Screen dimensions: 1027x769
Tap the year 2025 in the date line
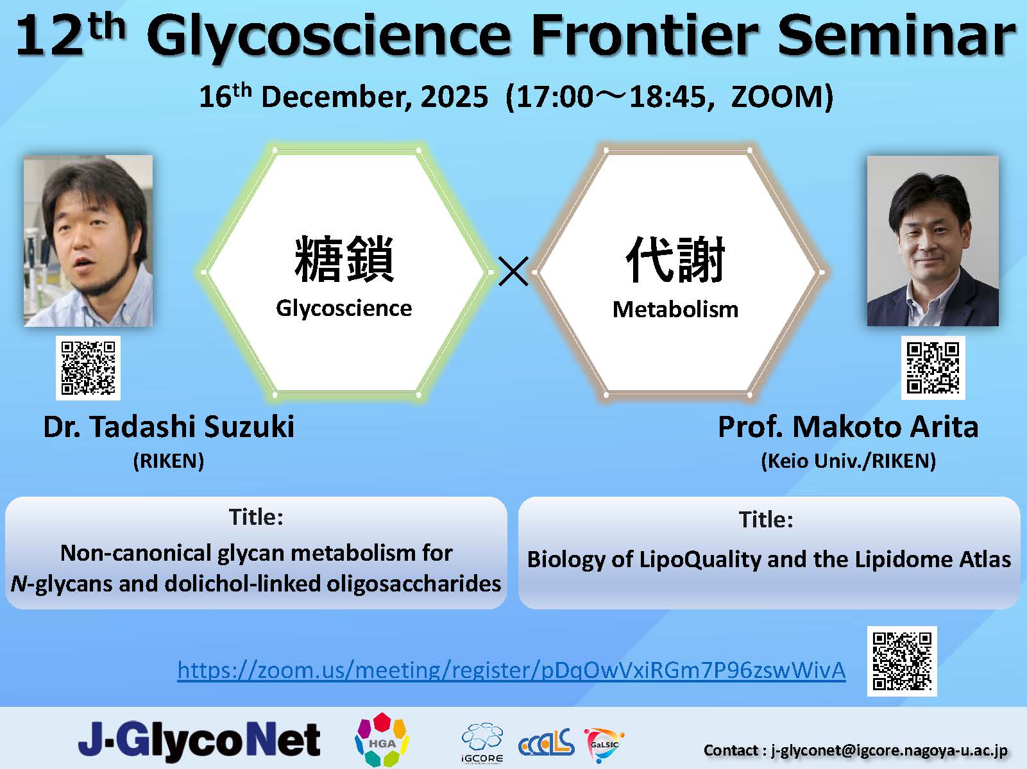(x=454, y=97)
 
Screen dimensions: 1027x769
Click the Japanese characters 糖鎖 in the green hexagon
(x=344, y=259)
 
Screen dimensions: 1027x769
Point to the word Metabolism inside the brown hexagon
(x=675, y=310)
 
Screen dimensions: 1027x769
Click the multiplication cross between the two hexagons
(x=513, y=271)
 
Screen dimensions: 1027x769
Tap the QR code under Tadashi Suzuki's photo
(x=88, y=368)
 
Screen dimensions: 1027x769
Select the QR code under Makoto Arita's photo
(x=933, y=368)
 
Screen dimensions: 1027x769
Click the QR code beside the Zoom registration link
(x=902, y=661)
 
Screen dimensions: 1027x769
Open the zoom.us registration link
(x=511, y=670)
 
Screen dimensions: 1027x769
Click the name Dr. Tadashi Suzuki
(x=169, y=427)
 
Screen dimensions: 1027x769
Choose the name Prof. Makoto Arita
(x=848, y=427)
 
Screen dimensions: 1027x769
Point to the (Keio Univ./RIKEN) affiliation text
(x=848, y=461)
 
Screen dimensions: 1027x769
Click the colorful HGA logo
(x=382, y=740)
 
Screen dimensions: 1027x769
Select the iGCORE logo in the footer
(x=482, y=743)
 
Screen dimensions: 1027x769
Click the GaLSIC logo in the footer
(x=604, y=743)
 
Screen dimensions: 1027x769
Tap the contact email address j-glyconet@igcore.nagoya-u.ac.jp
(x=889, y=750)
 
